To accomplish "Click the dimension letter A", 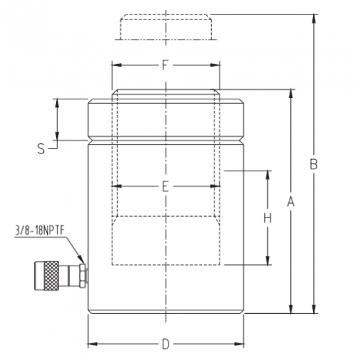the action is point(291,202).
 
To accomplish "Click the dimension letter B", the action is point(314,164).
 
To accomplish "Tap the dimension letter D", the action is point(166,344).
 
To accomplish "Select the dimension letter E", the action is point(166,186).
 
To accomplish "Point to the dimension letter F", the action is point(165,65).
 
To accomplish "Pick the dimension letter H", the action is point(268,218).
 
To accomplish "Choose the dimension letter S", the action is point(41,148).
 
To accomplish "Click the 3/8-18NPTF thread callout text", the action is point(40,230).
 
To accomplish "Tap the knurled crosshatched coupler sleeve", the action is point(51,276).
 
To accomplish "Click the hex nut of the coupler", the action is point(82,276).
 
